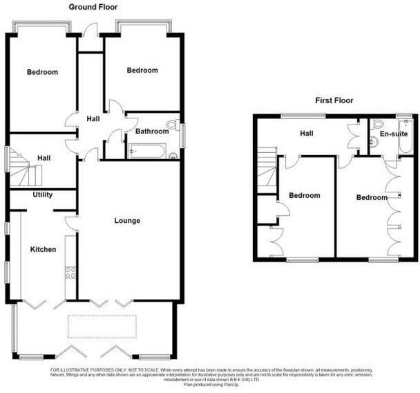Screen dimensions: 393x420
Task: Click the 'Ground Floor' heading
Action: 93,7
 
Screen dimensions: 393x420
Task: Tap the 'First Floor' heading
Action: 334,100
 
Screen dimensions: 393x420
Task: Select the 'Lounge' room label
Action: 127,221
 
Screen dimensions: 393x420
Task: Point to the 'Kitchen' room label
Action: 42,249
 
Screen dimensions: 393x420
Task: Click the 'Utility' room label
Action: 43,195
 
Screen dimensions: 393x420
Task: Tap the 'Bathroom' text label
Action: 151,131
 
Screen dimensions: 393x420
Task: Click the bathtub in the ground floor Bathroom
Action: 147,152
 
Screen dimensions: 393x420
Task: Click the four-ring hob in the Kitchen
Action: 70,273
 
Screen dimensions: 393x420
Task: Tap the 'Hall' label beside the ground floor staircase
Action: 44,158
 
